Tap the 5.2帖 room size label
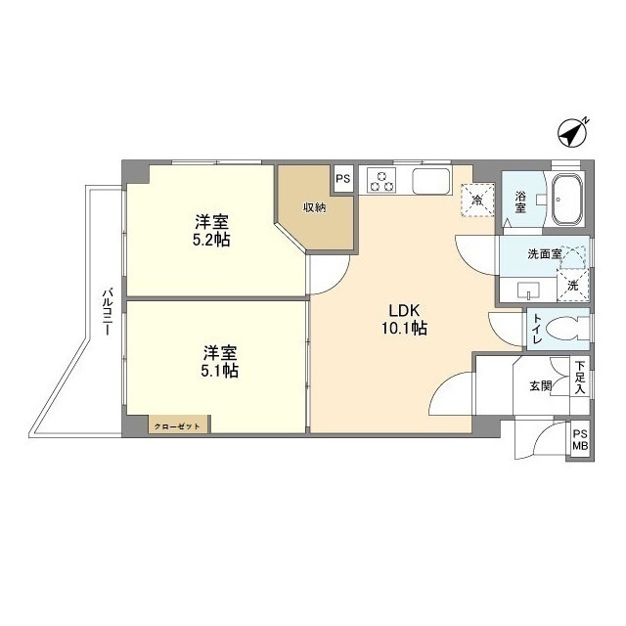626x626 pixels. pyautogui.click(x=211, y=239)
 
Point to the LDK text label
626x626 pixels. pyautogui.click(x=403, y=311)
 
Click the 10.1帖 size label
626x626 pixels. pyautogui.click(x=404, y=329)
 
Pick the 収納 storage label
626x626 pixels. pyautogui.click(x=314, y=206)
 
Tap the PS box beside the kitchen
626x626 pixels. pyautogui.click(x=342, y=179)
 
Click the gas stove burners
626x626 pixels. pyautogui.click(x=382, y=182)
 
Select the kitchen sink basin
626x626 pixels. pyautogui.click(x=429, y=181)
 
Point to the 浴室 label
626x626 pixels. pyautogui.click(x=520, y=202)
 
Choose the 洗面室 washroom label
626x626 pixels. pyautogui.click(x=545, y=254)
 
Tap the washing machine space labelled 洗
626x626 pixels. pyautogui.click(x=574, y=284)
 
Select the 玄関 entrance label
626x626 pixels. pyautogui.click(x=540, y=385)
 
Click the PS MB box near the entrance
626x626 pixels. pyautogui.click(x=580, y=441)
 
